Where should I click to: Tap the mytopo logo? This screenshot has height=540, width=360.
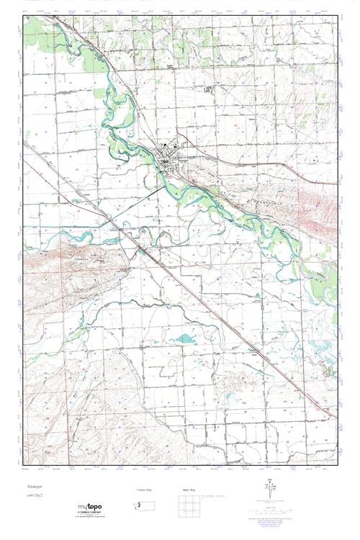click(x=89, y=505)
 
